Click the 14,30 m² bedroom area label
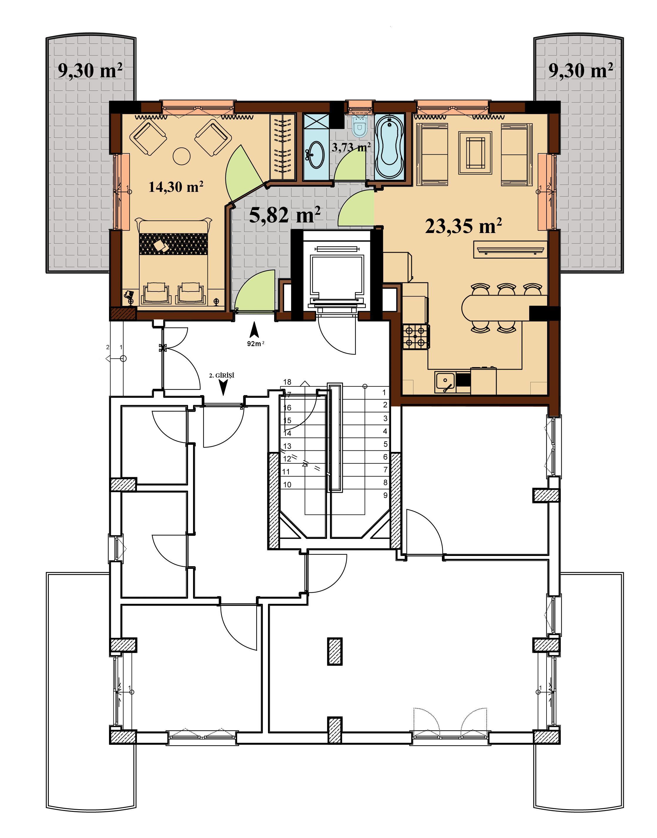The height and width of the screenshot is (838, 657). coord(176,187)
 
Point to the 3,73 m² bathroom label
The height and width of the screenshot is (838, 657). coord(351,147)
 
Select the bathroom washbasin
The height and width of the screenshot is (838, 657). coord(316,155)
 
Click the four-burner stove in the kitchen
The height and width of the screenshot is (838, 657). coord(416,336)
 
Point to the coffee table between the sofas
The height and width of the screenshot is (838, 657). coord(475,153)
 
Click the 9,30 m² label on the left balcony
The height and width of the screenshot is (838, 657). coord(90,71)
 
